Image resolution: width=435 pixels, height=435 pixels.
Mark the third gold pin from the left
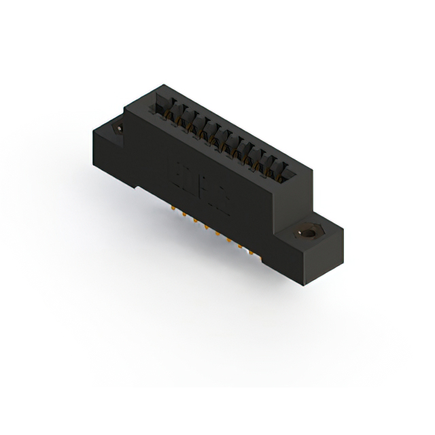[x=196, y=222]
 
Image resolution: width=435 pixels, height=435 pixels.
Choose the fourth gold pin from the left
[x=207, y=228]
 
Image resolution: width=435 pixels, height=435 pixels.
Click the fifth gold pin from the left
[x=218, y=234]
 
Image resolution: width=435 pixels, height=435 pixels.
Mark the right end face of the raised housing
[x=296, y=197]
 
